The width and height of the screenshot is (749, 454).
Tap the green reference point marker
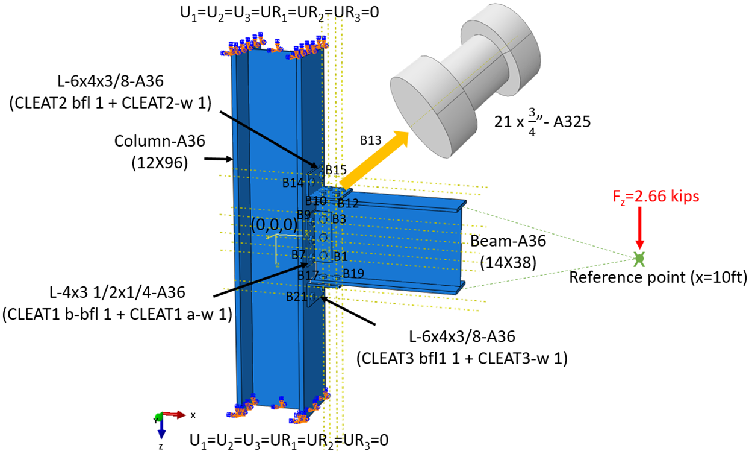639,259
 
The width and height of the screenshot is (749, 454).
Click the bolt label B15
336,170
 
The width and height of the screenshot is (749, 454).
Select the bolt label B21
297,296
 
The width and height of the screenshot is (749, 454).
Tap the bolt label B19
353,273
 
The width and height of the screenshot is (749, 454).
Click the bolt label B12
348,203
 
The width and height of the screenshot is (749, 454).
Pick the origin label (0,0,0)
275,224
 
